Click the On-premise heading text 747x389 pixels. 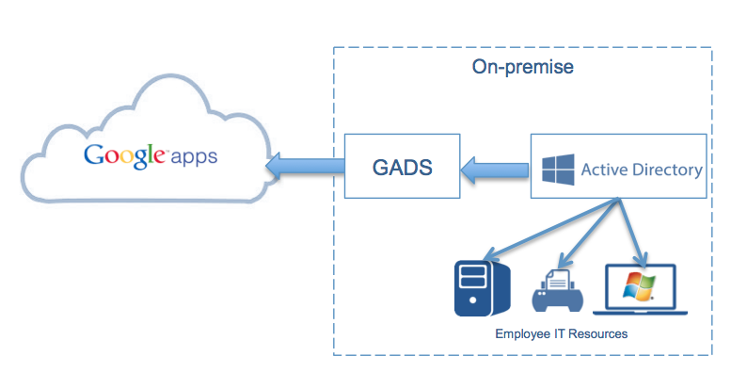[x=522, y=68]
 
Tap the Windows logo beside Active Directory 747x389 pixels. [x=557, y=170]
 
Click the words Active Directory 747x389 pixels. [x=642, y=170]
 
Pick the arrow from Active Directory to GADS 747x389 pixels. [x=495, y=170]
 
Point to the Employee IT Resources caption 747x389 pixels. [x=562, y=333]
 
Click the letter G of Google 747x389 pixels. [x=93, y=154]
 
